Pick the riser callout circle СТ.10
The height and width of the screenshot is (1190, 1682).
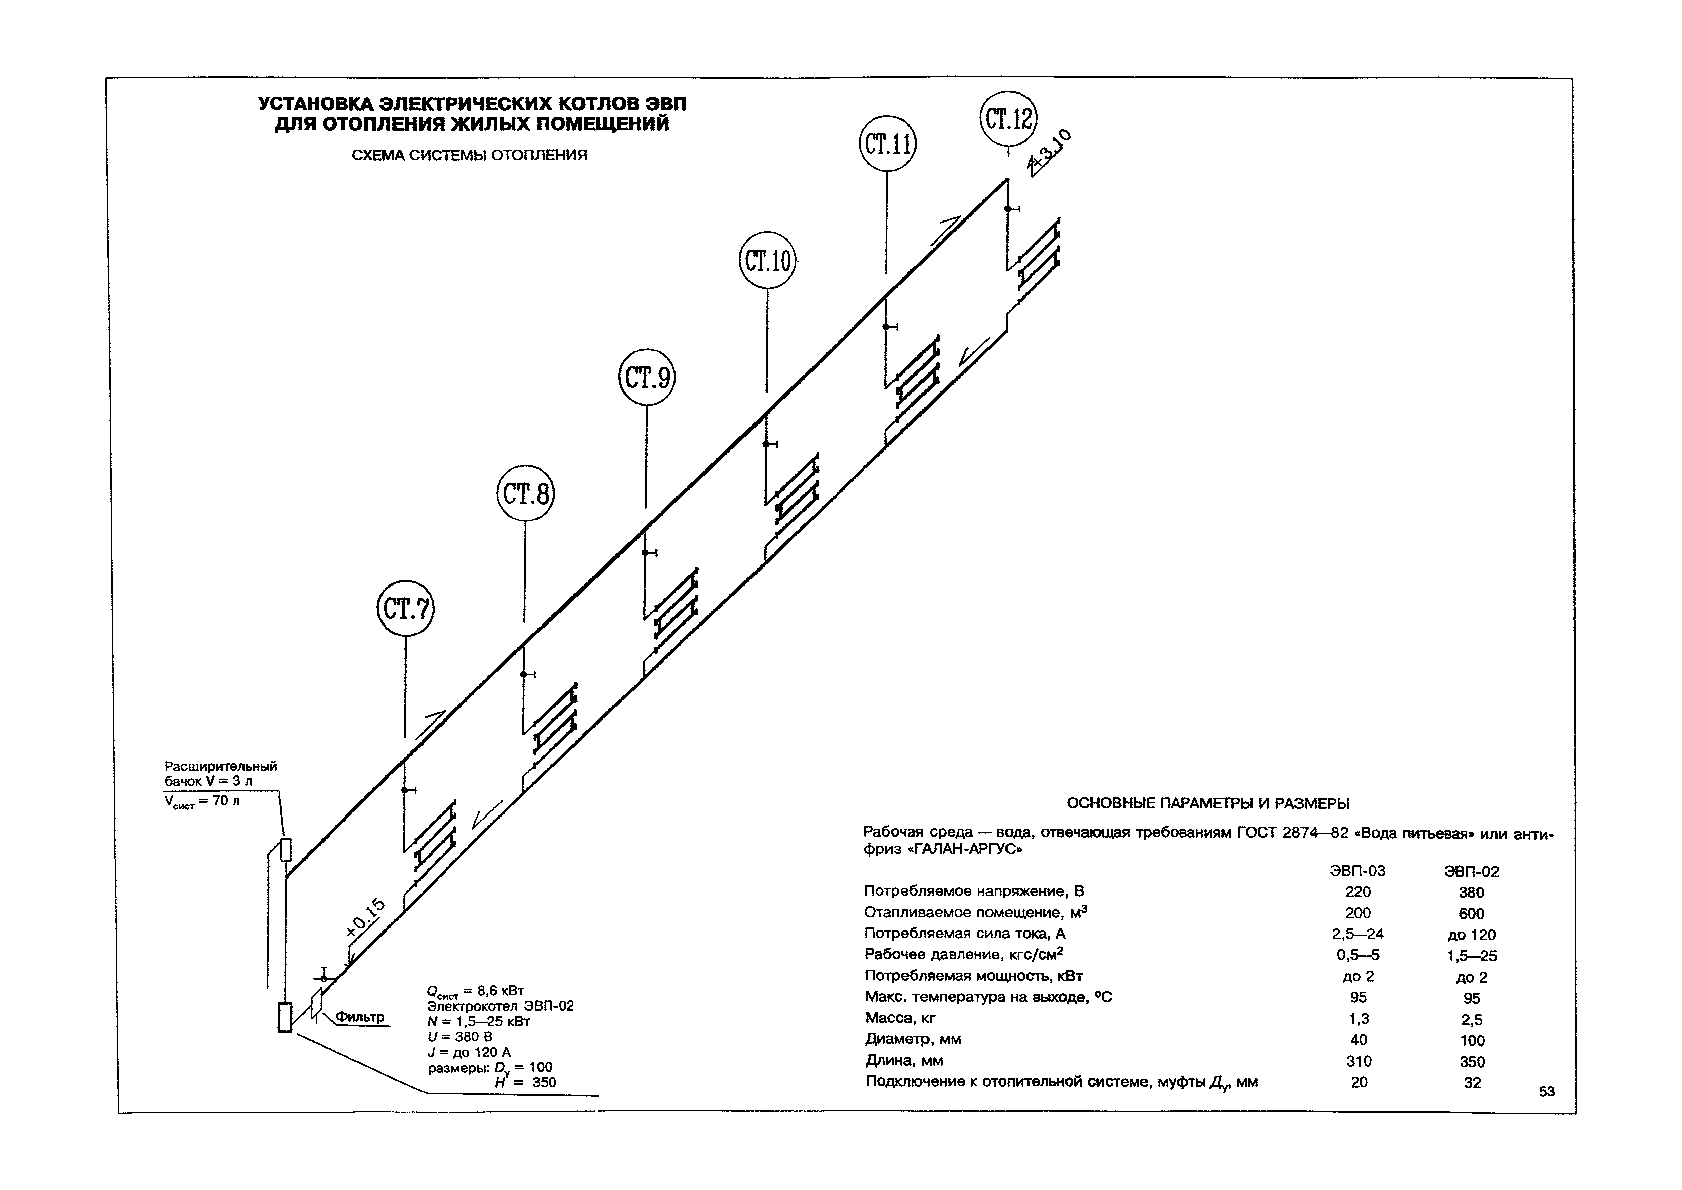(767, 261)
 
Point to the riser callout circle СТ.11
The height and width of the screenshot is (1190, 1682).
(887, 143)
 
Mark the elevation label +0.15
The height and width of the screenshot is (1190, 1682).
(365, 918)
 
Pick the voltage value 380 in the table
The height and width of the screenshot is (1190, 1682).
(1471, 893)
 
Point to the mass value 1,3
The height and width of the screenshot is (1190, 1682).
(1358, 1019)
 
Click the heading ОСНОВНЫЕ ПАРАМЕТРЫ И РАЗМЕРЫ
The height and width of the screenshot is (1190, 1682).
(1208, 803)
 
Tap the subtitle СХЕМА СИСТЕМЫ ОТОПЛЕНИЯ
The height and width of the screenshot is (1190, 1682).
(470, 155)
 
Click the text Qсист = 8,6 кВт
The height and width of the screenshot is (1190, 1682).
(475, 992)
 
